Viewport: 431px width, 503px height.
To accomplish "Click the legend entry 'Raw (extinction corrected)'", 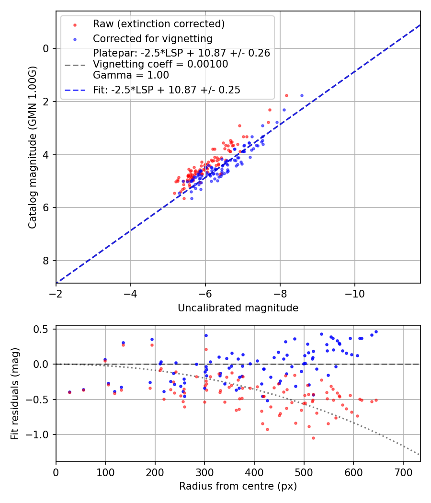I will [x=159, y=24].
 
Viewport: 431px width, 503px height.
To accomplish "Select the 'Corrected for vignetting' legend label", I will [x=152, y=39].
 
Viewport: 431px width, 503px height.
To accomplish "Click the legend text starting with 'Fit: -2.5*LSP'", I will [x=167, y=90].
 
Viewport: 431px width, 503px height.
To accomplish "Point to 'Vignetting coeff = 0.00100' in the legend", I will [x=160, y=64].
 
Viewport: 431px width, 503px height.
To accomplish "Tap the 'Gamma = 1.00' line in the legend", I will [x=131, y=75].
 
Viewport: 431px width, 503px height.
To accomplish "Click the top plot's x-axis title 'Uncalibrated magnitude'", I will [x=238, y=308].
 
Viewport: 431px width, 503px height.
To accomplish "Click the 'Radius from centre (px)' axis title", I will [x=238, y=486].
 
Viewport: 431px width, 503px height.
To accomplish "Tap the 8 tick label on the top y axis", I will [x=46, y=261].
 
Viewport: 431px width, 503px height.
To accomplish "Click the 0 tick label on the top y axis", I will [x=46, y=48].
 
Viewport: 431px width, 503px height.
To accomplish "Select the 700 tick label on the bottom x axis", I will [x=403, y=472].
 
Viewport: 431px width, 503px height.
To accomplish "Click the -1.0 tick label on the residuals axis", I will [x=39, y=435].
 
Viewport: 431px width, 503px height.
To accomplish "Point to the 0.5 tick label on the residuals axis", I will [x=42, y=329].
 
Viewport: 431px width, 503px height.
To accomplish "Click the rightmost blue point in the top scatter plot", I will [x=302, y=96].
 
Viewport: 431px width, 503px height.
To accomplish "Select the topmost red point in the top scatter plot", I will [x=286, y=95].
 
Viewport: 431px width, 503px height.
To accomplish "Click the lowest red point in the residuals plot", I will [x=313, y=438].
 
